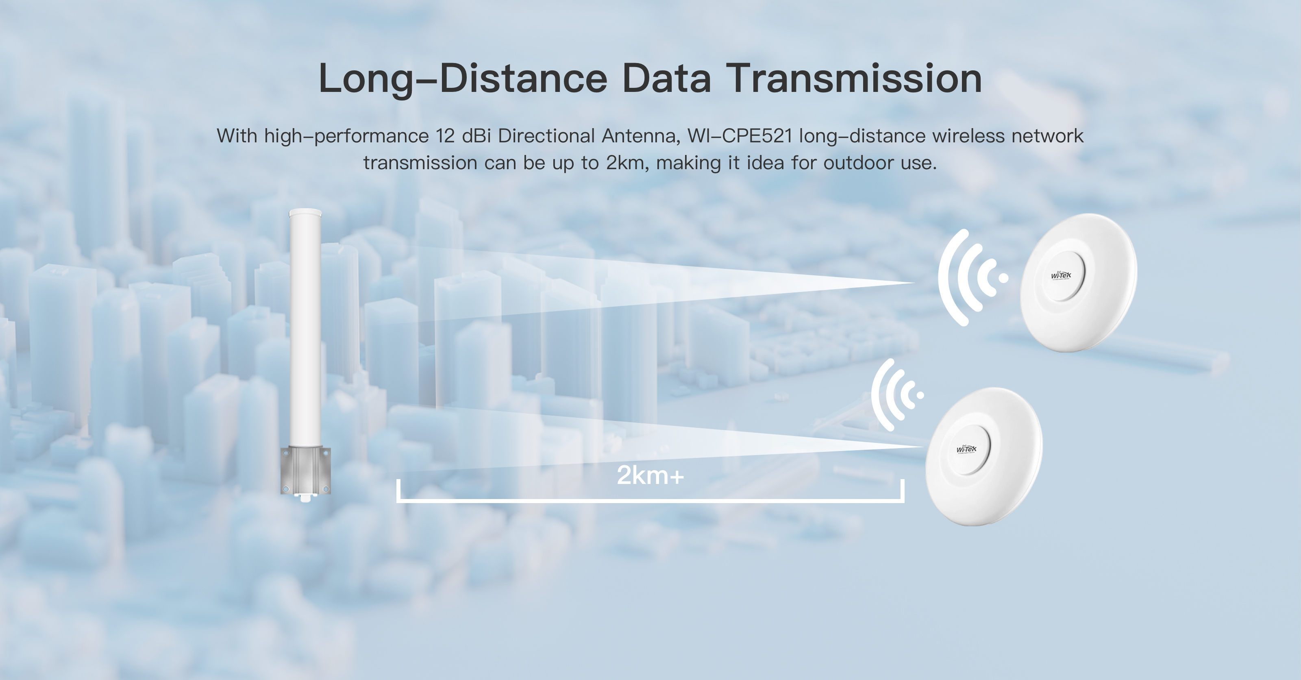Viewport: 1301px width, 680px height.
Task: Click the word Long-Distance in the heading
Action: tap(462, 79)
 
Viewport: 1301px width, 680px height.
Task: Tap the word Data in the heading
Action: tap(667, 78)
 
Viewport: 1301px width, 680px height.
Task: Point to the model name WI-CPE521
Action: tap(740, 136)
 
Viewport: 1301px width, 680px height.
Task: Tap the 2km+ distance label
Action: tap(650, 475)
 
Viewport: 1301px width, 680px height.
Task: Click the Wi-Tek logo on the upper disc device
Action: tap(1061, 275)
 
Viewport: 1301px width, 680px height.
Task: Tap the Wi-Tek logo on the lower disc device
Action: tap(966, 449)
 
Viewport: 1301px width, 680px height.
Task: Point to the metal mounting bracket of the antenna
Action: tap(306, 470)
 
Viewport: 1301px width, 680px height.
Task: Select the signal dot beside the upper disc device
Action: tap(1003, 278)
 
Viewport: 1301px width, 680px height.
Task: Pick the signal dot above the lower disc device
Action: tap(920, 395)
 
